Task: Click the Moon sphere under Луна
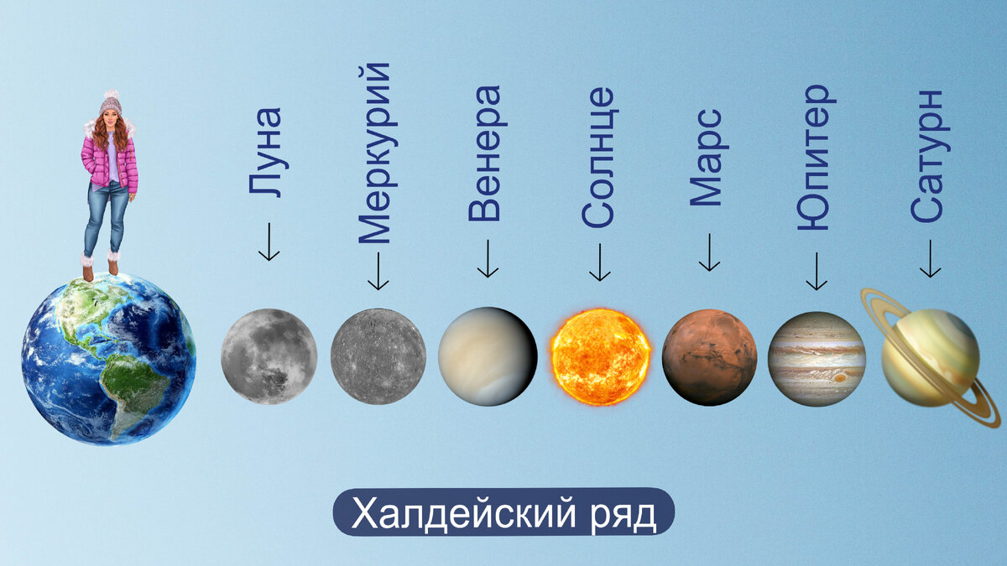[x=269, y=356]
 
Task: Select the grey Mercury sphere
[x=378, y=356]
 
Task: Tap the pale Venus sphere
[x=488, y=356]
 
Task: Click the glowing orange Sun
[x=601, y=356]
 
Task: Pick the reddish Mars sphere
[x=709, y=356]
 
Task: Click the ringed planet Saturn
[x=930, y=356]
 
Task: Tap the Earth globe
[x=108, y=358]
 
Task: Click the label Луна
[x=266, y=152]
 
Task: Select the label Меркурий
[x=374, y=153]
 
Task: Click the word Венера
[x=484, y=153]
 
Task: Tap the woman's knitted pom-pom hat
[x=110, y=103]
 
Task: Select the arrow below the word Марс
[x=709, y=252]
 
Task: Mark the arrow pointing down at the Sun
[x=600, y=262]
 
